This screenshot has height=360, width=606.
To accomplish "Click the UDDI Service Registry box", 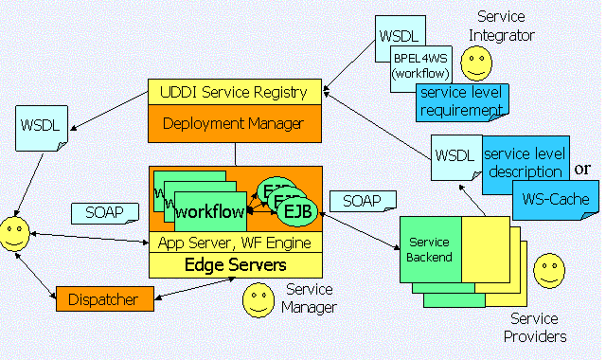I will (235, 93).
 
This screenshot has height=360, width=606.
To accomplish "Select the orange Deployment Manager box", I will (235, 123).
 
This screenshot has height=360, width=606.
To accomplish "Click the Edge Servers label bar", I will (235, 264).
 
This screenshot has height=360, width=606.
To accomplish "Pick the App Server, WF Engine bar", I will (235, 243).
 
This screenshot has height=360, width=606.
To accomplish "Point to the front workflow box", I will (210, 209).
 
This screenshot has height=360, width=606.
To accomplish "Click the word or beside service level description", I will (584, 169).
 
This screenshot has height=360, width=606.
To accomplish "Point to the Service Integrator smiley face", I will (476, 63).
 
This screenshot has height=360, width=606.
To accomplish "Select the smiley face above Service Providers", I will (548, 271).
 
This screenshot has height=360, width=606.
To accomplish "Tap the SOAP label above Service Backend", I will (355, 202).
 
